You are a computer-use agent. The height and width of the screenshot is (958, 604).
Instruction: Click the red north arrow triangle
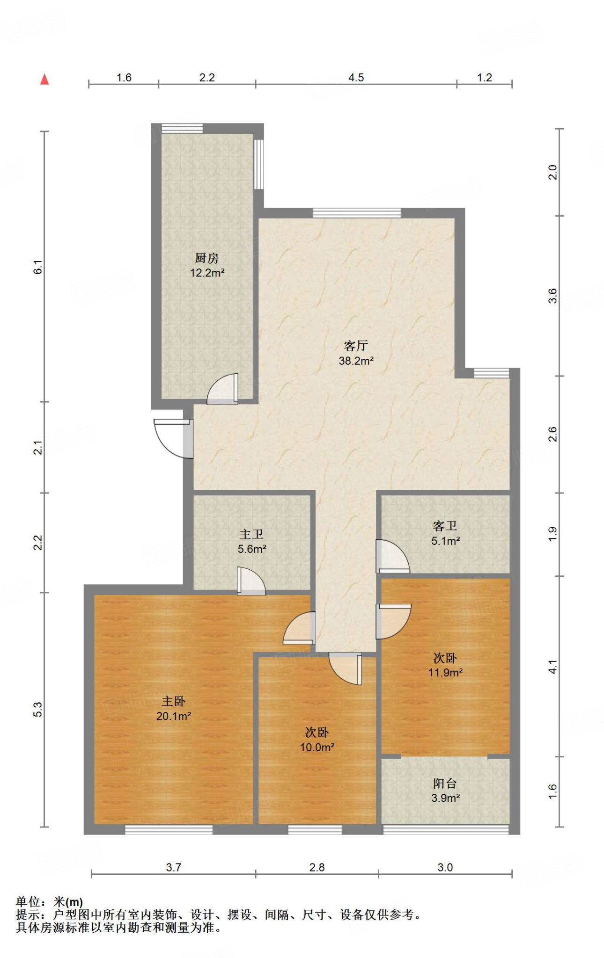click(x=44, y=79)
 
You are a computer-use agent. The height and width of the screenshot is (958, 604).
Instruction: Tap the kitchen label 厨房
click(x=206, y=258)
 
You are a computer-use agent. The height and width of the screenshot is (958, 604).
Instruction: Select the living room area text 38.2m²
click(x=356, y=361)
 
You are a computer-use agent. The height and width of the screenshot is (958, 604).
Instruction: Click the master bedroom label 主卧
click(x=173, y=701)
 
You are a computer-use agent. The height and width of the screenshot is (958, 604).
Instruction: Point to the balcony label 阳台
click(x=445, y=784)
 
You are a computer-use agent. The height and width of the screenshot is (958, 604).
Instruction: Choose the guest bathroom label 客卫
click(x=445, y=526)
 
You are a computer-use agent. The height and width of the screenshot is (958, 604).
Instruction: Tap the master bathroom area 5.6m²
click(x=252, y=549)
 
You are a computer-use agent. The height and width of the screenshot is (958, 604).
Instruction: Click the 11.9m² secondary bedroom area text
click(x=445, y=672)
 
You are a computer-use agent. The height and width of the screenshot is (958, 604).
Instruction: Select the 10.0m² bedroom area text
click(x=317, y=747)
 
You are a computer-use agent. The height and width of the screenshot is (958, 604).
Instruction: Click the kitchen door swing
click(x=222, y=389)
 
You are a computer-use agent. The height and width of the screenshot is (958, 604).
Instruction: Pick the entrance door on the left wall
click(x=173, y=438)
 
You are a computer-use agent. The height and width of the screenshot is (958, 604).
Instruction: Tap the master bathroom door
click(x=251, y=581)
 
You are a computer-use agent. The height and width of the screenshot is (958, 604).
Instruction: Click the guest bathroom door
click(x=393, y=556)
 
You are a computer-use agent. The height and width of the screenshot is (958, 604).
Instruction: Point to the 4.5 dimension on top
click(x=356, y=78)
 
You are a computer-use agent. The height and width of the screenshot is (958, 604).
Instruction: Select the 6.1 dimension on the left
click(x=38, y=267)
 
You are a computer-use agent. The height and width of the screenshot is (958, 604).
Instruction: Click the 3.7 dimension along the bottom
click(x=173, y=867)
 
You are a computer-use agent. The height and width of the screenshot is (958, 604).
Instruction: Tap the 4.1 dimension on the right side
click(x=552, y=667)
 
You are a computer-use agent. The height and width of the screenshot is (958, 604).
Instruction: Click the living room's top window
click(x=357, y=213)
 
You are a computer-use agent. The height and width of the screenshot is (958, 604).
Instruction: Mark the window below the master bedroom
click(x=169, y=830)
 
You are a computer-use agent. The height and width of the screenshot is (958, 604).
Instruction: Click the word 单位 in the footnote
click(x=28, y=901)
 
